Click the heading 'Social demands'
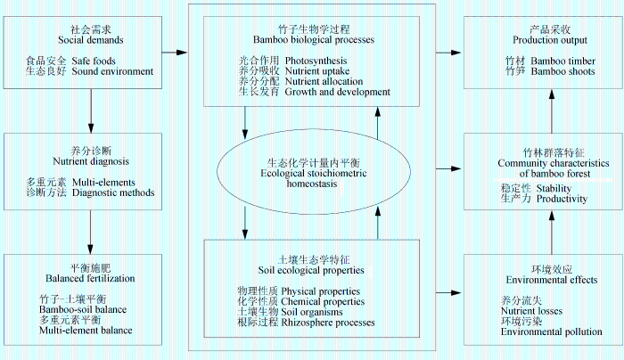(x=91, y=40)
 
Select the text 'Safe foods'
(x=94, y=61)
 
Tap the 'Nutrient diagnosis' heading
(x=91, y=161)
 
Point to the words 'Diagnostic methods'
(x=113, y=193)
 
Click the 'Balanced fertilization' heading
(x=90, y=278)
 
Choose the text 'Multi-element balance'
(x=86, y=331)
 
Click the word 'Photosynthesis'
(x=316, y=61)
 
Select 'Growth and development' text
(x=338, y=92)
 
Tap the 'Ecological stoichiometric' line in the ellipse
(x=314, y=174)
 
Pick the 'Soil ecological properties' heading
(x=311, y=271)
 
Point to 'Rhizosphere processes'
(x=328, y=323)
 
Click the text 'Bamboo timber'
(x=563, y=61)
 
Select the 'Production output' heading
(x=550, y=40)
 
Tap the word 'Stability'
(x=554, y=188)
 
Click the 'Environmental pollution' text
(x=552, y=331)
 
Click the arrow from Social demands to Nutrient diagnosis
(x=91, y=111)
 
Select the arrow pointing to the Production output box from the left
(x=448, y=53)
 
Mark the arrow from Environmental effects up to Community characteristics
(x=552, y=233)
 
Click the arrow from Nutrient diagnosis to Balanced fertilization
(x=91, y=233)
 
